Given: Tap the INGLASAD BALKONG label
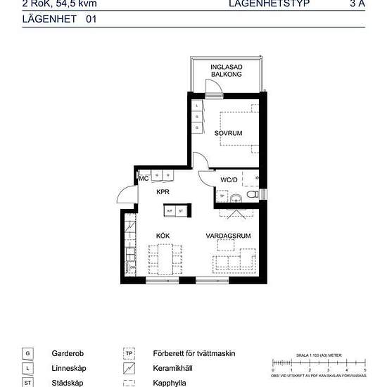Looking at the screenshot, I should click(227, 70).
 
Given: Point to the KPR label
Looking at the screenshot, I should click(163, 191).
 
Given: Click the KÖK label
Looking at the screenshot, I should click(163, 236).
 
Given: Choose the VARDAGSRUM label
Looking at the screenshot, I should click(229, 236).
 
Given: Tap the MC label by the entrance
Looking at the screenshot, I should click(144, 179).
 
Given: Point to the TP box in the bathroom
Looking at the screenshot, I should click(222, 196).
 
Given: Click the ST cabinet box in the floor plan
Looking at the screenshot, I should click(181, 210).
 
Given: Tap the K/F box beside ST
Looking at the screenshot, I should click(170, 210).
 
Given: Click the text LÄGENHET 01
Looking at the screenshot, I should click(49, 20).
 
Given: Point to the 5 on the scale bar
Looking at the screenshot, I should click(364, 369).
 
